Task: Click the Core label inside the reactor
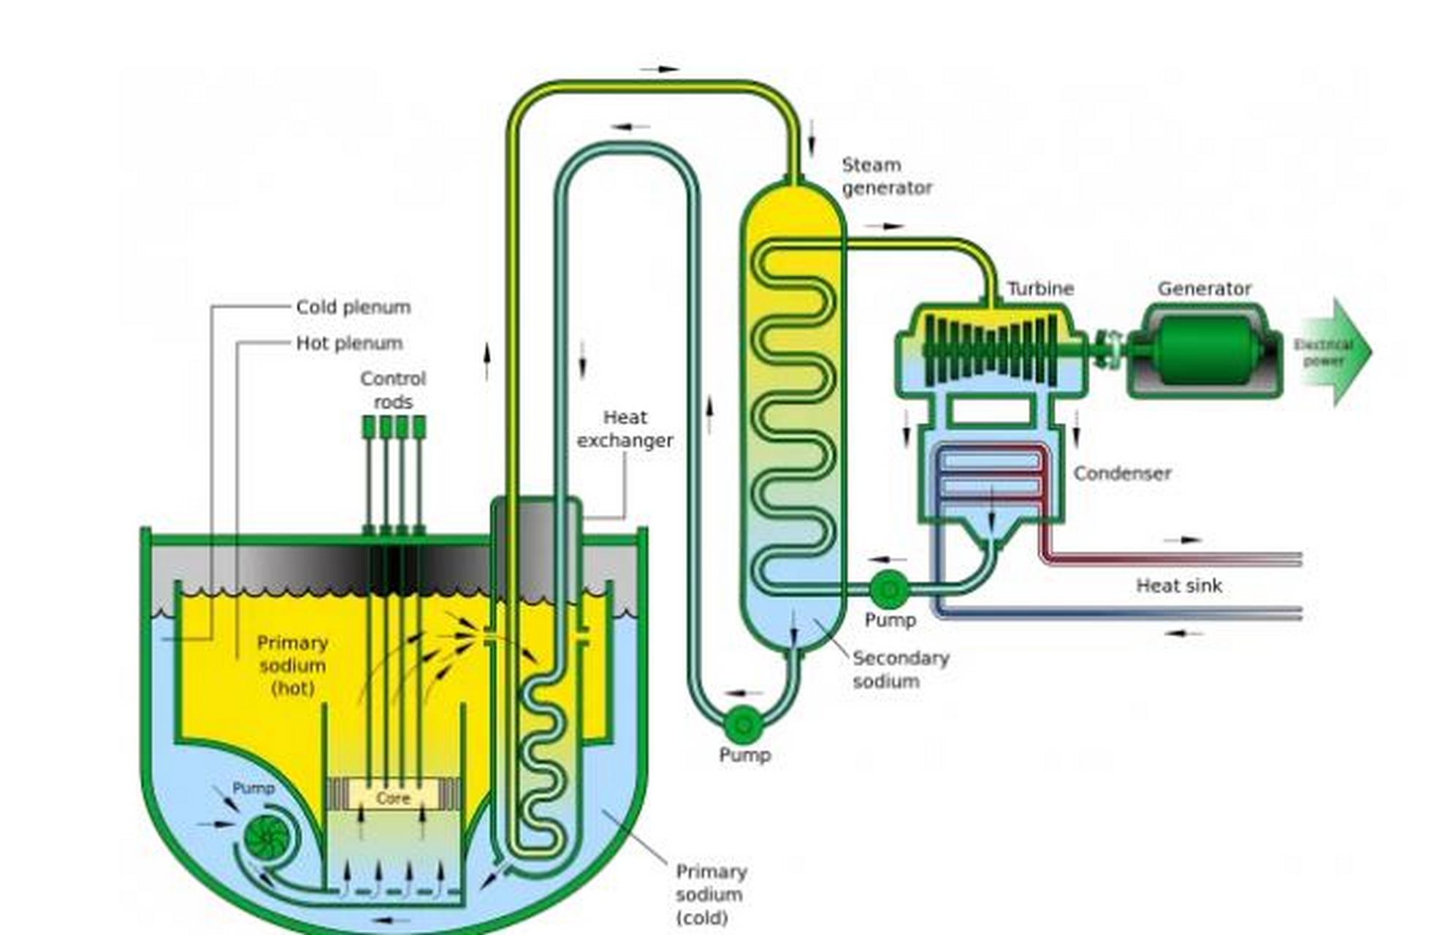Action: [393, 798]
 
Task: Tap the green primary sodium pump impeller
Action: [267, 837]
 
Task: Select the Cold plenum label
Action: [353, 307]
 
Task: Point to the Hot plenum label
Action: [349, 343]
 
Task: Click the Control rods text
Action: [393, 390]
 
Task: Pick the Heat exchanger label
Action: [625, 429]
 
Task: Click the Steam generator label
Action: [886, 176]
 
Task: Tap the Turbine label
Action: [1040, 289]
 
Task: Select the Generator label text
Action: [1204, 289]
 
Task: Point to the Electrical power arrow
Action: [1334, 351]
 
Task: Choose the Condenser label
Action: [1122, 473]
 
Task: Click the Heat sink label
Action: [1178, 585]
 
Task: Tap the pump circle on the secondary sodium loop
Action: [743, 725]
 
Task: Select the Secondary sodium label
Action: [900, 669]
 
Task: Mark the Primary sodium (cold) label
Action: [710, 894]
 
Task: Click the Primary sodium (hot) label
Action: [292, 665]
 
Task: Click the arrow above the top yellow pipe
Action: [660, 69]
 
